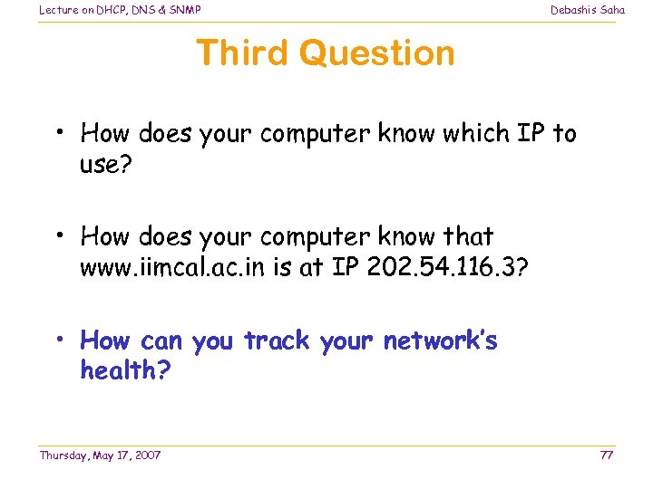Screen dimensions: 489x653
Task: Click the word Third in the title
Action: point(242,53)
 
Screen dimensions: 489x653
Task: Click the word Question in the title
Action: point(376,53)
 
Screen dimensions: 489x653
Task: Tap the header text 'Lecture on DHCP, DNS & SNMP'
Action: point(120,10)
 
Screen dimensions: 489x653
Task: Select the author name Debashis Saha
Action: point(587,10)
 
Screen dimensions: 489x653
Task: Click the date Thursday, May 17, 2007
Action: point(100,455)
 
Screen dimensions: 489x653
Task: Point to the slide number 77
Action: point(606,455)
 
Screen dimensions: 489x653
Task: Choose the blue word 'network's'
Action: point(440,341)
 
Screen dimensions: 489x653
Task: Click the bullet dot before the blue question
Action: point(57,341)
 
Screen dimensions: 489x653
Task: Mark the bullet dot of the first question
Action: point(57,134)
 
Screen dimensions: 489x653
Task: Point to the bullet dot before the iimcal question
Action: point(57,237)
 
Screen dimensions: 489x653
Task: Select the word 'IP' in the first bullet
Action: point(531,134)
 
